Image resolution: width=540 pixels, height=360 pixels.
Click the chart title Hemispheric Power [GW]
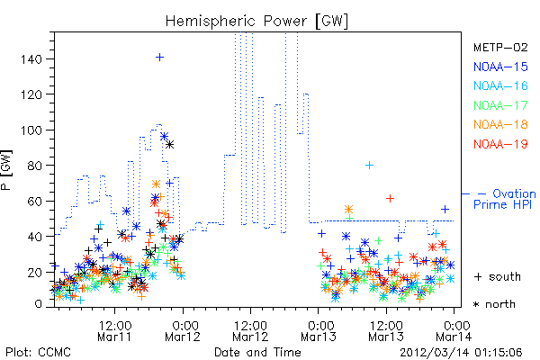tap(256, 22)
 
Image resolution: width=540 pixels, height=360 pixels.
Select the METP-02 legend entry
tap(500, 47)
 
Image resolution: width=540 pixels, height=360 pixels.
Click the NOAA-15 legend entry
tap(500, 67)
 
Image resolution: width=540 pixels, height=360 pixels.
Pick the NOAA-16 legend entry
tap(500, 85)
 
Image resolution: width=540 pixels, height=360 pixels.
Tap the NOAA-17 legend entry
tap(500, 105)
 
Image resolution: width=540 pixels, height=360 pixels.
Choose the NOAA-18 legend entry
tap(500, 124)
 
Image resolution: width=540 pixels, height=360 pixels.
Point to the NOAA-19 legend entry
tap(500, 144)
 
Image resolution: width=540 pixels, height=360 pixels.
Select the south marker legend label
tap(498, 276)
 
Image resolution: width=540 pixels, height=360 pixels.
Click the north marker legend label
tap(494, 304)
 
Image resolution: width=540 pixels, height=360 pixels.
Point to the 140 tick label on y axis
tap(31, 59)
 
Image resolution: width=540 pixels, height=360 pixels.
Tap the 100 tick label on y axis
tap(31, 130)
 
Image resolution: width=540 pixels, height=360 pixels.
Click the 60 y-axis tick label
tap(35, 202)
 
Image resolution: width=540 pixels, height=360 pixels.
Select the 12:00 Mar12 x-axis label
tap(250, 331)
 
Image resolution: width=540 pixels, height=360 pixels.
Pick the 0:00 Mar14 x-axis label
tap(454, 331)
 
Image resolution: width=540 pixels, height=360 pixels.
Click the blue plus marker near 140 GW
tap(159, 58)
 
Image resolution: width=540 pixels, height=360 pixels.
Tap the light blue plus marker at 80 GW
tap(369, 166)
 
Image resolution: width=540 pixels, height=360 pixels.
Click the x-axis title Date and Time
tap(257, 352)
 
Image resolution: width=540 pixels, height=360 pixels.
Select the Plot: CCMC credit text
tap(38, 352)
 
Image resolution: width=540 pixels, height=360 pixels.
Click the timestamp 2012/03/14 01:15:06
tap(461, 353)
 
